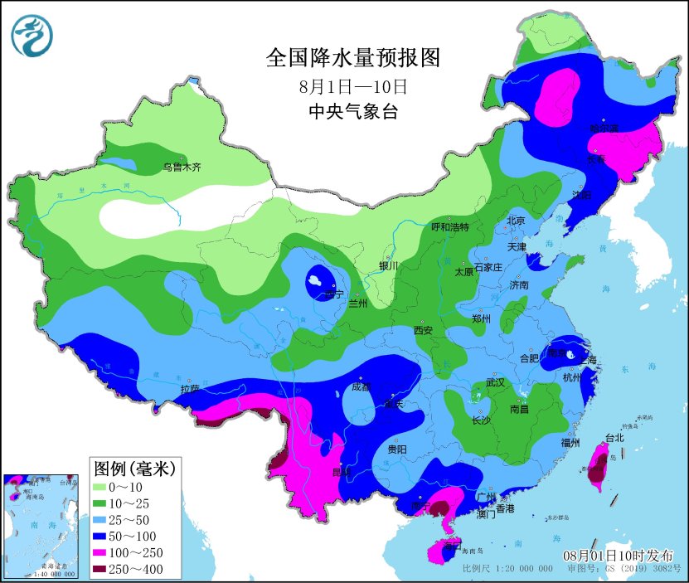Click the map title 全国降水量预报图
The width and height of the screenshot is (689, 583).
[352, 58]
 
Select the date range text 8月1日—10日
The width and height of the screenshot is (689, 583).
[353, 86]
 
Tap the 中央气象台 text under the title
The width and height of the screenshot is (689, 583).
[353, 112]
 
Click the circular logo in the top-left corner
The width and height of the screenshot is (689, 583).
[32, 35]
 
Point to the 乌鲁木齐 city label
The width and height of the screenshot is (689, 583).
[182, 168]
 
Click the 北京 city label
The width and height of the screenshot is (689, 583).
[516, 221]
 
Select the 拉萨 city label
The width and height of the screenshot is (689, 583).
[190, 388]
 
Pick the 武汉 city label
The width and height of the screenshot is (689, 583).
[495, 383]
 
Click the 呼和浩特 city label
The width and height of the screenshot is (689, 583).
[450, 227]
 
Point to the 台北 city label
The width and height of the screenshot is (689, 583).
[614, 437]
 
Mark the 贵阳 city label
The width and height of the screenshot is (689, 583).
[397, 449]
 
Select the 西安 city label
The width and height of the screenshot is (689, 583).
[423, 330]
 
